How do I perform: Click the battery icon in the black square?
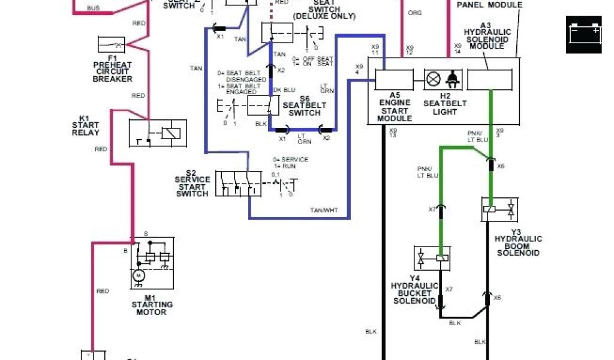(583, 34)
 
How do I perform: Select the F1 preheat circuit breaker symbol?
(111, 45)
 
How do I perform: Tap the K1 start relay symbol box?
(158, 133)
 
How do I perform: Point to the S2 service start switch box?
(238, 183)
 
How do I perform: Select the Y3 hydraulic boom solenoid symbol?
(499, 209)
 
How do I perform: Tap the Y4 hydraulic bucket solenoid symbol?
(432, 258)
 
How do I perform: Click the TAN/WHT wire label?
(324, 210)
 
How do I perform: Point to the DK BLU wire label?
(285, 90)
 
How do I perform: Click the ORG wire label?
(414, 13)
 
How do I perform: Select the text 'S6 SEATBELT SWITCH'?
(305, 105)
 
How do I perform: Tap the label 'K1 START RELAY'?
(85, 125)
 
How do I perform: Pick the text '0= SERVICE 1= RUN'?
(290, 163)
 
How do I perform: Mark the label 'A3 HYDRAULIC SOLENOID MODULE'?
(487, 35)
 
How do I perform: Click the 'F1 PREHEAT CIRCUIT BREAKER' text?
(112, 71)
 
